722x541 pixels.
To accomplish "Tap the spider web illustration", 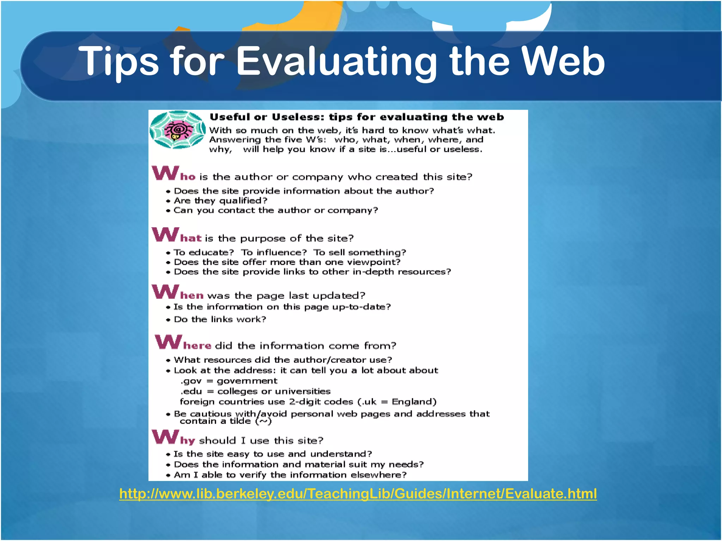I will click(177, 130).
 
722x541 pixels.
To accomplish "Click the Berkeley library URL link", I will click(358, 493).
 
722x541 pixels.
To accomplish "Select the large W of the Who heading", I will click(165, 173).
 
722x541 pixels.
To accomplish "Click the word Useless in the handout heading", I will click(297, 117).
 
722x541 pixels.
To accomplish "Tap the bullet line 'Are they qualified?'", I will click(220, 200).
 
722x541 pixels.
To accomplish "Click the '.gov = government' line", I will click(229, 381).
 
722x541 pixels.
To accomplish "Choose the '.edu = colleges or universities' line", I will click(255, 391).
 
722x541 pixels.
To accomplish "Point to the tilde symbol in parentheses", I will click(263, 421).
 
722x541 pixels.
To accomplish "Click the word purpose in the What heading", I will click(263, 239).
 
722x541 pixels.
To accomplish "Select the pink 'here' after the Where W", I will click(197, 346).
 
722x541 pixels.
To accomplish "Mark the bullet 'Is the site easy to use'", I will click(273, 454).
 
